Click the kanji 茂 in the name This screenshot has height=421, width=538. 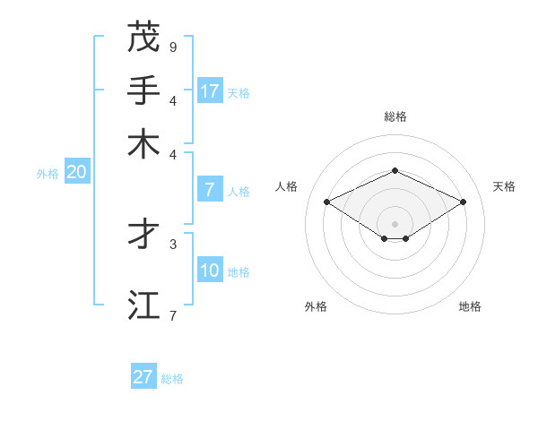point(143,37)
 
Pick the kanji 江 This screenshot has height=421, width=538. point(143,305)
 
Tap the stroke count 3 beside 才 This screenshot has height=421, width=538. point(173,243)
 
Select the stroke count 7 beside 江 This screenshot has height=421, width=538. point(173,315)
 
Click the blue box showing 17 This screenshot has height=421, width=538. point(210,91)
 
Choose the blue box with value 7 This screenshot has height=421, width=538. point(210,190)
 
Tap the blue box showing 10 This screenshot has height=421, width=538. point(210,271)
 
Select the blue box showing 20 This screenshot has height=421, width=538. point(76,173)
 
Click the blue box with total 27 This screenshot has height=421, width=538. point(143,377)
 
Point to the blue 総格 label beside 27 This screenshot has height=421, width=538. point(172,379)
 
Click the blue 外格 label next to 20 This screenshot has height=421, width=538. point(48,175)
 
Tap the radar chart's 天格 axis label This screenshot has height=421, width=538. point(504,186)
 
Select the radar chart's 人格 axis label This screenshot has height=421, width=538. point(287,186)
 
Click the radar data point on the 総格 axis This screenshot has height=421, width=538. point(395,170)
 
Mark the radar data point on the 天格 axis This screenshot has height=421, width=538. point(463,202)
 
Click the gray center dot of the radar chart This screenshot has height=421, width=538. point(395,223)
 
